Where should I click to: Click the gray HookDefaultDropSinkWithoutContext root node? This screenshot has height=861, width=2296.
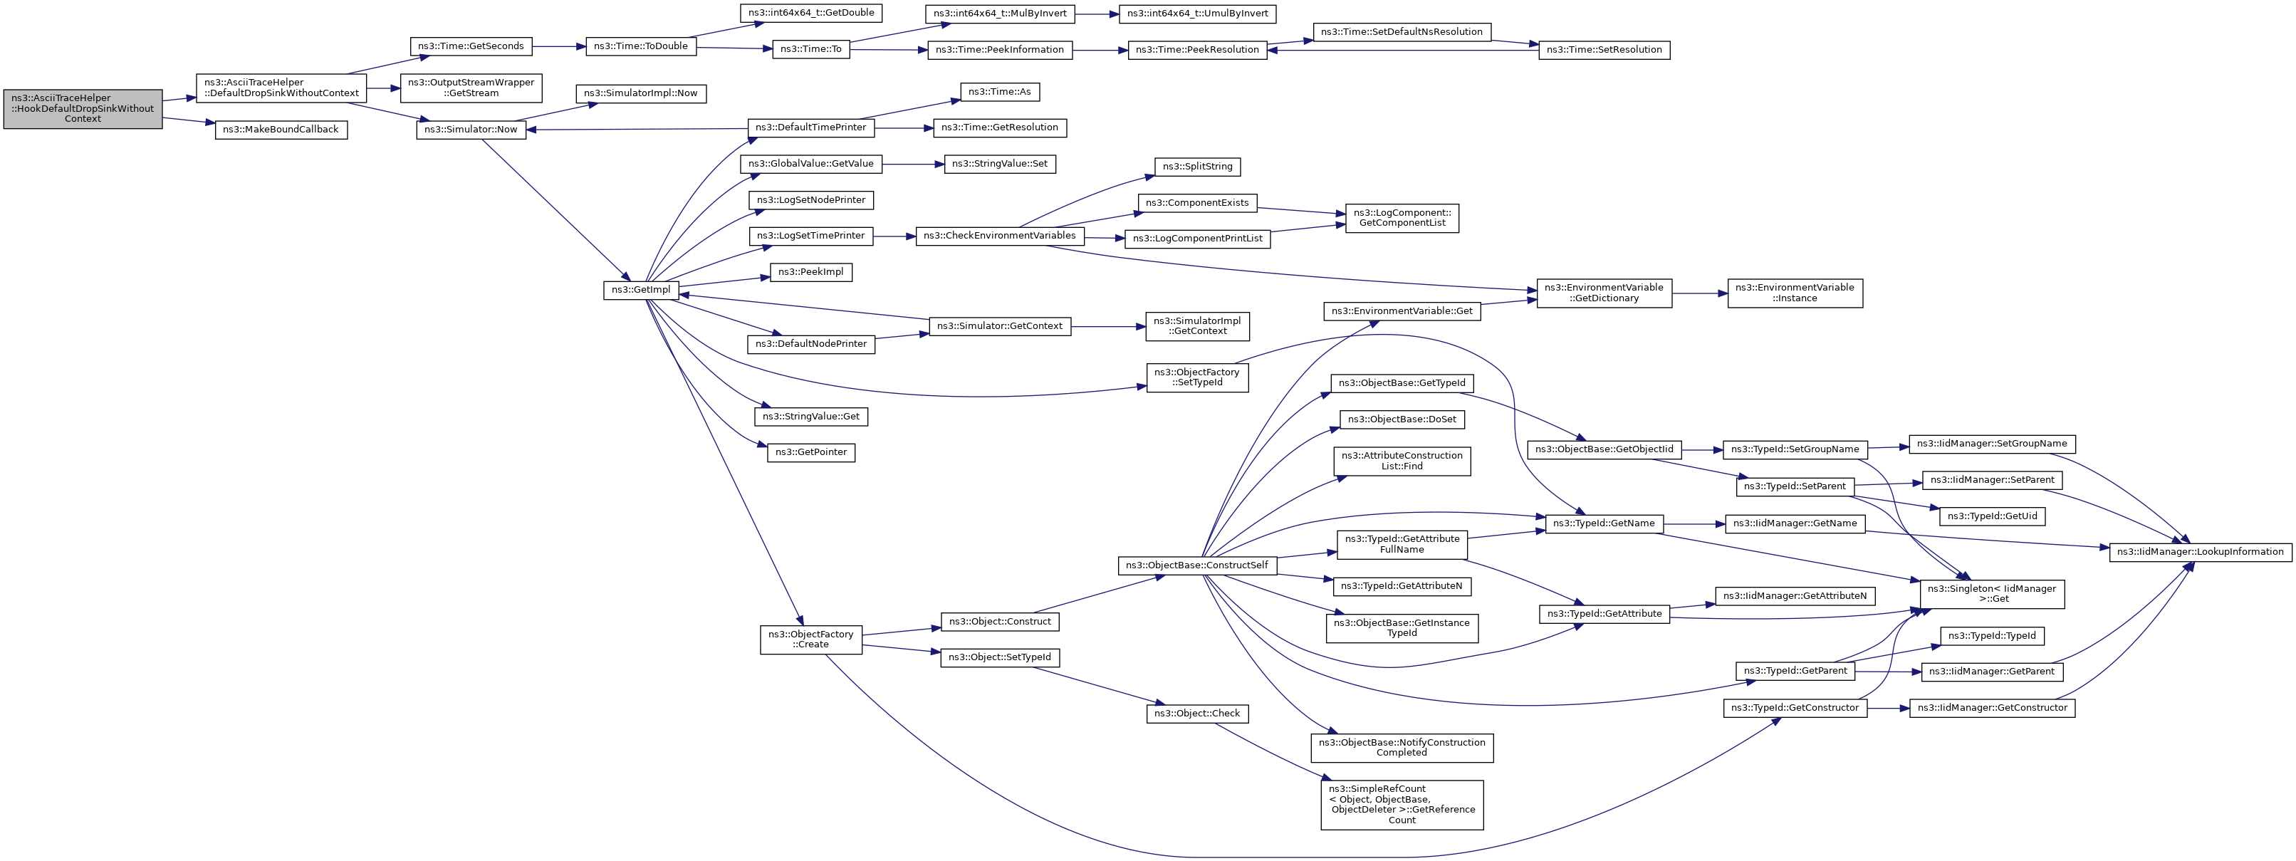[x=83, y=109]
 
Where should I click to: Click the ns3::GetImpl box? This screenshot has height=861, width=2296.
[x=642, y=291]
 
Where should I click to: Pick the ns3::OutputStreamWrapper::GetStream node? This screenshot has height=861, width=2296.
[x=471, y=88]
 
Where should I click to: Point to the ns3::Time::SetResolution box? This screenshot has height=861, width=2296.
[x=1604, y=50]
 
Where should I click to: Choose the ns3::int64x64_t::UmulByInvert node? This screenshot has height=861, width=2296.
[x=1198, y=14]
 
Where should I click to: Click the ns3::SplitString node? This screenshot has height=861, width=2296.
[x=1197, y=167]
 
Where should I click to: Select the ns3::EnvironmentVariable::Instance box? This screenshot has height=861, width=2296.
[x=1794, y=293]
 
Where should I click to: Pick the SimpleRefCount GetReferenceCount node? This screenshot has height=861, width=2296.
[x=1401, y=805]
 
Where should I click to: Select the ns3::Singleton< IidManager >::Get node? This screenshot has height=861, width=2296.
[x=1991, y=594]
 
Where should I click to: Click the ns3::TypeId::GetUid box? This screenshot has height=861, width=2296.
[x=1992, y=516]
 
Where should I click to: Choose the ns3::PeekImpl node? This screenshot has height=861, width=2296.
[x=811, y=272]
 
